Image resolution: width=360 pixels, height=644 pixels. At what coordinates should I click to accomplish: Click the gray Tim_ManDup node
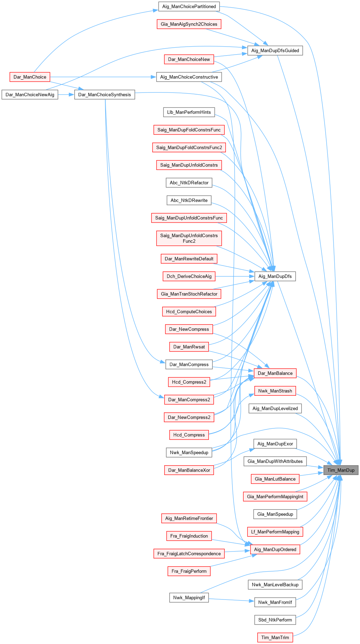point(341,470)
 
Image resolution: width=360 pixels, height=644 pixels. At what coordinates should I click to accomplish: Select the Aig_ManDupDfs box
point(275,276)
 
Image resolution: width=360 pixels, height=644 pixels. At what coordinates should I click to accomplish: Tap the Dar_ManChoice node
point(30,77)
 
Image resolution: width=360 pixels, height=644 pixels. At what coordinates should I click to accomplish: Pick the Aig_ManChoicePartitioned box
point(189,7)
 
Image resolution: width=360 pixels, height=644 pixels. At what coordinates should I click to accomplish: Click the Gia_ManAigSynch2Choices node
point(189,24)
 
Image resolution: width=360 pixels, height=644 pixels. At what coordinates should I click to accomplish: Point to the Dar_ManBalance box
point(275,373)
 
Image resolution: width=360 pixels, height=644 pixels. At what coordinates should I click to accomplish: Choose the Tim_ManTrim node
point(275,637)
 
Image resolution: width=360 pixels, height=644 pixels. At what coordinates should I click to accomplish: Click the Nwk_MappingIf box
point(189,597)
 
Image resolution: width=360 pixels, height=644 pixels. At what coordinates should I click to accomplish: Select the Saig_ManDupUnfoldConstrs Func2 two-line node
point(189,238)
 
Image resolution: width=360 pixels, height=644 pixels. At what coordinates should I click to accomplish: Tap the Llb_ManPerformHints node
point(189,112)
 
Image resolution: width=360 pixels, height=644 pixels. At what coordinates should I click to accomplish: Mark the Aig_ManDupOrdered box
point(275,549)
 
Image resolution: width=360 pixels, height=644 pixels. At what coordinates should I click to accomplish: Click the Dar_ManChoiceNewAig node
point(30,95)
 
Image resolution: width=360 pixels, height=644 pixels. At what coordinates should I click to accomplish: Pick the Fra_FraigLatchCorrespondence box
point(189,554)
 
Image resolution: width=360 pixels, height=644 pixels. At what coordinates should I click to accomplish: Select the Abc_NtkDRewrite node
point(189,200)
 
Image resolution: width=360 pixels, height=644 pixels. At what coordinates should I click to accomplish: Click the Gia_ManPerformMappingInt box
point(275,497)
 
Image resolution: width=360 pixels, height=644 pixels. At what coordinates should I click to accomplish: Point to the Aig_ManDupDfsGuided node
point(275,50)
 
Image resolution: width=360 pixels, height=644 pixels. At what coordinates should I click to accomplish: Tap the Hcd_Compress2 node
point(189,382)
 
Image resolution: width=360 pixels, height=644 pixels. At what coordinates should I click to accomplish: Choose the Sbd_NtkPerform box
point(275,620)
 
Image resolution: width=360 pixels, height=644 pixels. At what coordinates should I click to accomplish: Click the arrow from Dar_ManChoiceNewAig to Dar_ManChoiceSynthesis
point(66,95)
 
